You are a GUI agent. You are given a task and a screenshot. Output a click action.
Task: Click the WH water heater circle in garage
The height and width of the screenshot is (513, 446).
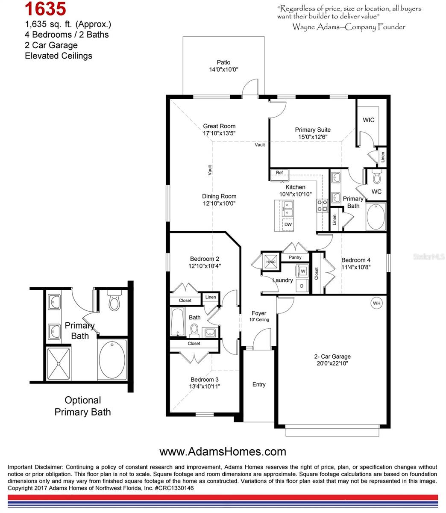(x=376, y=303)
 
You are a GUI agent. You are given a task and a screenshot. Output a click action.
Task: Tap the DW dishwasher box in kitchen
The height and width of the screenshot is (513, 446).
(x=288, y=224)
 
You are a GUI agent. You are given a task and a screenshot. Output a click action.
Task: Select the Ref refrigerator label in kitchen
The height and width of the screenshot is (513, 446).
(x=279, y=173)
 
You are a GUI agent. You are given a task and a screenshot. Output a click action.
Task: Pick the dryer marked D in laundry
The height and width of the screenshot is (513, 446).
(x=302, y=285)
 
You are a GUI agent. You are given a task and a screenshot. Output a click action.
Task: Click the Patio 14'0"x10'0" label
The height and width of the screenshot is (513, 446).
(x=223, y=66)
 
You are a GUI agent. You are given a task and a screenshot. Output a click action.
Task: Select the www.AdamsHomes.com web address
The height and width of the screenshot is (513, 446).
(x=223, y=451)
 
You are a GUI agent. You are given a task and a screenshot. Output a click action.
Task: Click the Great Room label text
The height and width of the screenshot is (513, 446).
(x=219, y=126)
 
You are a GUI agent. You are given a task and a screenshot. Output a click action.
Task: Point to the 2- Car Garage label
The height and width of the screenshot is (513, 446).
(x=332, y=357)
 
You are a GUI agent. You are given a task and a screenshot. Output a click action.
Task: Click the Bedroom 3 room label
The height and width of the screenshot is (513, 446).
(x=204, y=380)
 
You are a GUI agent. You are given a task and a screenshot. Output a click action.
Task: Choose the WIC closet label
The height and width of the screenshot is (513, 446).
(x=368, y=120)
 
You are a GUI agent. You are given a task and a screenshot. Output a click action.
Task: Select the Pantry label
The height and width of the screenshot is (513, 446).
(x=295, y=257)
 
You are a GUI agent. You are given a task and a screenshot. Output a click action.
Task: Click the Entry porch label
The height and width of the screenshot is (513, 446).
(x=258, y=384)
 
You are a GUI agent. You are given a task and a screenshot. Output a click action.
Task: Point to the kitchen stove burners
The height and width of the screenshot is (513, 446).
(x=322, y=205)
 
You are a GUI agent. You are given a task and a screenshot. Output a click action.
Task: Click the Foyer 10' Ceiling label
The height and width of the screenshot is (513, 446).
(x=259, y=316)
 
